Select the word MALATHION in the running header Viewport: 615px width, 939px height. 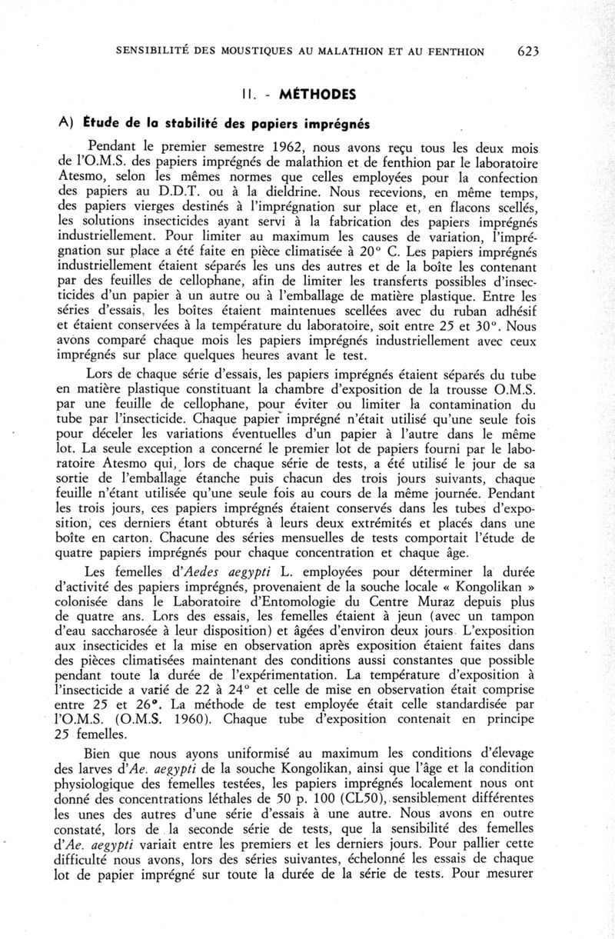click(x=333, y=52)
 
